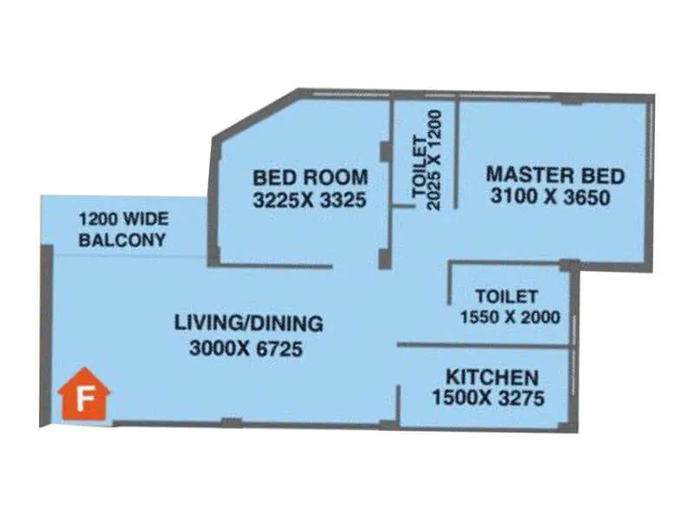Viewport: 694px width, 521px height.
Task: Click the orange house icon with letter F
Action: pos(84,395)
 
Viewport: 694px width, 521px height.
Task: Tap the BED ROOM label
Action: pos(310,177)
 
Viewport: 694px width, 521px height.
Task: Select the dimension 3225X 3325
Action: pos(310,201)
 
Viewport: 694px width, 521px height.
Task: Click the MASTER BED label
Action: pos(555,174)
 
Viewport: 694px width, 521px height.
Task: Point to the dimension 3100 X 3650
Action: pos(550,197)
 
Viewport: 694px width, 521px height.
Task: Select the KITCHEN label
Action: pos(492,378)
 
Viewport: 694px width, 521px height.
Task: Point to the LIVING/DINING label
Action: pos(249,324)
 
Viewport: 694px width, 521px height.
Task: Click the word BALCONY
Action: pos(121,241)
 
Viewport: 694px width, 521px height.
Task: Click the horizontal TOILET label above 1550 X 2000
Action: pos(507,297)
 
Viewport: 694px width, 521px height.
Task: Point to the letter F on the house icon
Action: pos(84,400)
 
